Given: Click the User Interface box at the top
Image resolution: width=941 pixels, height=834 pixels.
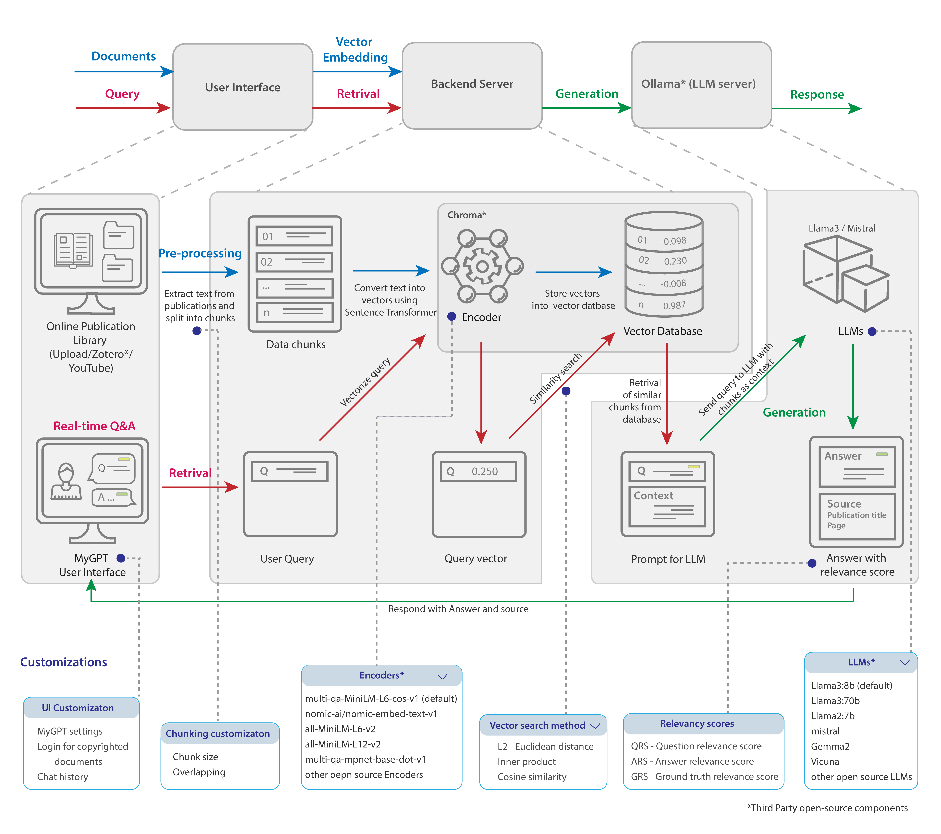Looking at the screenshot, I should pos(243,87).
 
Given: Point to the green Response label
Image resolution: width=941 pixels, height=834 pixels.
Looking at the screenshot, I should pos(817,94).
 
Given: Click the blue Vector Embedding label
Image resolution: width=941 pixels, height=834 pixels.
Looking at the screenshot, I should pos(355,50).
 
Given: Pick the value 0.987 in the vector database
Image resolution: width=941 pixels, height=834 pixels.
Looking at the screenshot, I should pos(674,305).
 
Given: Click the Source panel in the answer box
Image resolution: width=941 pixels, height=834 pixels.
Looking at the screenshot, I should pos(857,516).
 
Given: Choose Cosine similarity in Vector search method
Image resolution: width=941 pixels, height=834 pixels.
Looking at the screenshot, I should pos(532,776).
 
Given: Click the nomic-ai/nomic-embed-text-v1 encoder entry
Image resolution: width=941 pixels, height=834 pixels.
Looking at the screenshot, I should pos(371,713).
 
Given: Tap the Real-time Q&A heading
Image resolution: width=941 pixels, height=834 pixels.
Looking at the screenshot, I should pos(94,426).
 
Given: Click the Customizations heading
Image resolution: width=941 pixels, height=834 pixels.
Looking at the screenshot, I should pos(64,662).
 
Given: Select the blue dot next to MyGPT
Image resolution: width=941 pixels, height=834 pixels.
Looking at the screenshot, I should pos(121,558).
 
